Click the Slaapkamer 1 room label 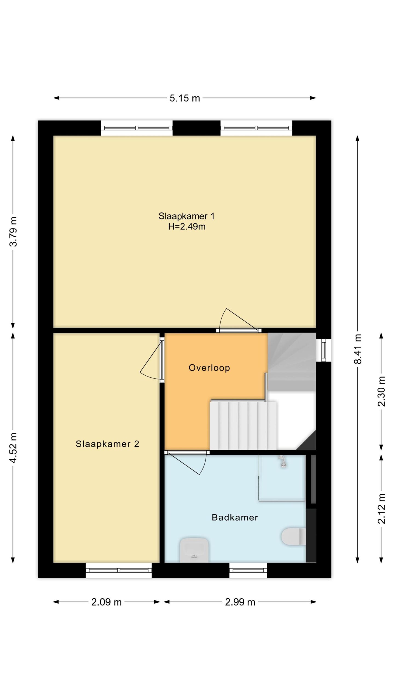(186, 216)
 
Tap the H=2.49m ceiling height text (187, 227)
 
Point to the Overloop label (209, 368)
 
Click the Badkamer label (235, 517)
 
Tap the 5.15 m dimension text (185, 98)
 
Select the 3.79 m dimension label (13, 232)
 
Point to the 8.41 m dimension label (358, 349)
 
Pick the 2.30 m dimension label (381, 391)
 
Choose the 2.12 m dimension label (381, 508)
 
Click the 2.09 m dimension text (106, 602)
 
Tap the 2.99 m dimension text (240, 602)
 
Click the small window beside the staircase (323, 350)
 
